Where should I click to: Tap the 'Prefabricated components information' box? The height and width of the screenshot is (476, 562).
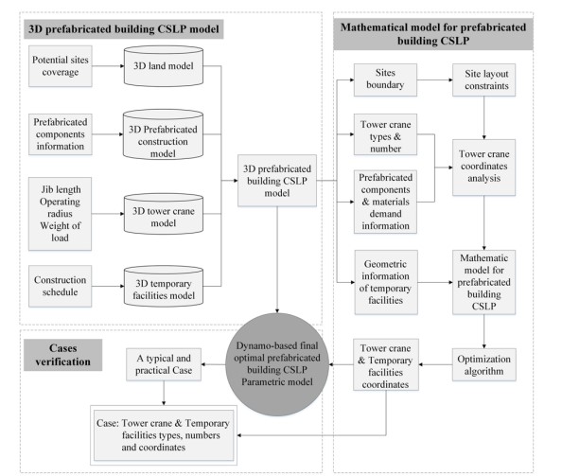tap(60, 132)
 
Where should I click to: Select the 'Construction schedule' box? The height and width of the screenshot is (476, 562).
tap(60, 283)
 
